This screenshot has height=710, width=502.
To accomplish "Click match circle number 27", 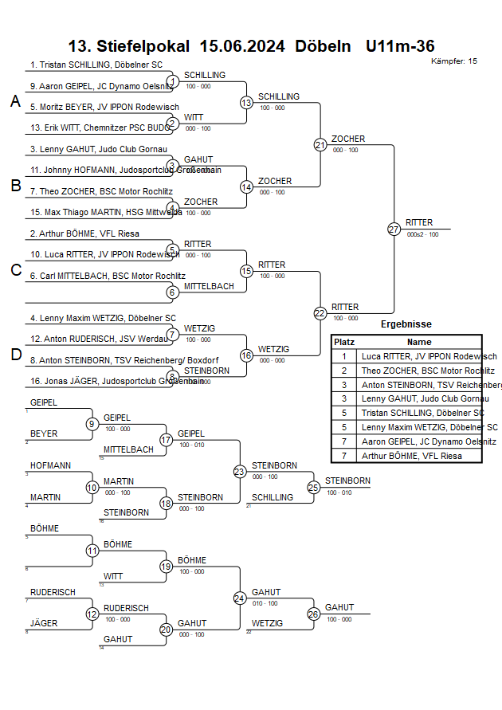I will tap(394, 229).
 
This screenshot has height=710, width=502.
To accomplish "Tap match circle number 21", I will tap(320, 145).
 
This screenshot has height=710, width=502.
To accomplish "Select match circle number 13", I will tap(246, 103).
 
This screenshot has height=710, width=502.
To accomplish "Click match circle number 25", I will tap(314, 487).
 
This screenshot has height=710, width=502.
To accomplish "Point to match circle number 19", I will tap(167, 567).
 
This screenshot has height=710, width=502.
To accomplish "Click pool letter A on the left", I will tap(15, 101).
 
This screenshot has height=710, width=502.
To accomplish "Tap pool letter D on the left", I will tap(15, 355).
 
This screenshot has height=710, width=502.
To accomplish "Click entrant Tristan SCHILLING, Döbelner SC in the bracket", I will tap(96, 65).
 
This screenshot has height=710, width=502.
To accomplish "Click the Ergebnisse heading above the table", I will tap(406, 324).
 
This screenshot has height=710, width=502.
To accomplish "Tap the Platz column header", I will tap(344, 341).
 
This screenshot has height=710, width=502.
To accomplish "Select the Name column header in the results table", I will tap(419, 341).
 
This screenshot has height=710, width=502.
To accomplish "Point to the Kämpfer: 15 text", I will tap(454, 61).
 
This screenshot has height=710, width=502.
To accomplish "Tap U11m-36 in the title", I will tap(400, 46).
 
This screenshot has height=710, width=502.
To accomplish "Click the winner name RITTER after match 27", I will tap(420, 222).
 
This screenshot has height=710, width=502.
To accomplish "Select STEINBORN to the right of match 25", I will tap(347, 481).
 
